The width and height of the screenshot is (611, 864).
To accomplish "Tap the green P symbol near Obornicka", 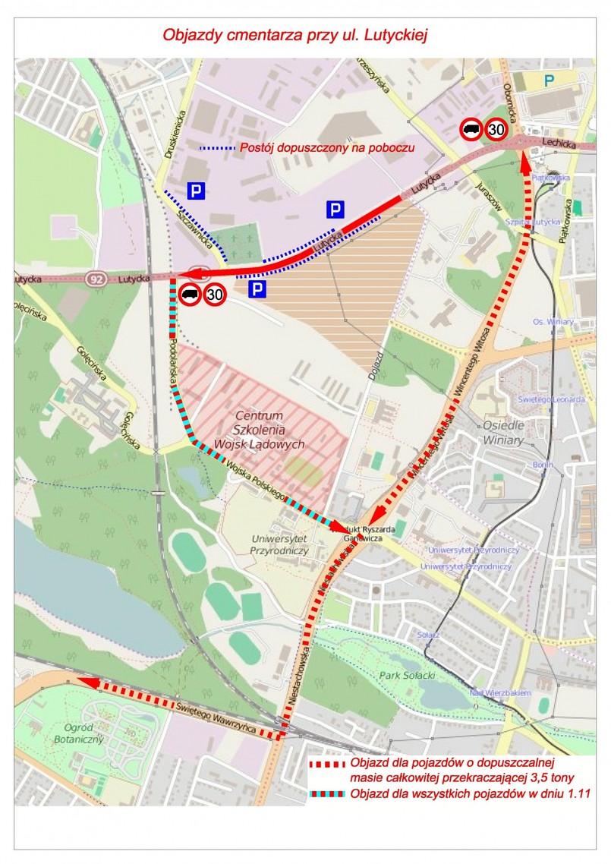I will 549,79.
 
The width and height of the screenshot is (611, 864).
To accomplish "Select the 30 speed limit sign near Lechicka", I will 496,130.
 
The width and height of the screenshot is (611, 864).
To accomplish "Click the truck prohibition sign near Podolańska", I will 190,294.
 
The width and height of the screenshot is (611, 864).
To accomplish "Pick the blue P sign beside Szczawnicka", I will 197,191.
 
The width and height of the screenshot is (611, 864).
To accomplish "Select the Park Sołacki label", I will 400,675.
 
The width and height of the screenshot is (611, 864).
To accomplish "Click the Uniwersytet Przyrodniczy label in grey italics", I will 279,544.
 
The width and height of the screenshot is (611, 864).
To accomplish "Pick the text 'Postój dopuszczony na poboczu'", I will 327,148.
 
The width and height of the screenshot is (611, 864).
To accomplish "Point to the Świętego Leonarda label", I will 551,399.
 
